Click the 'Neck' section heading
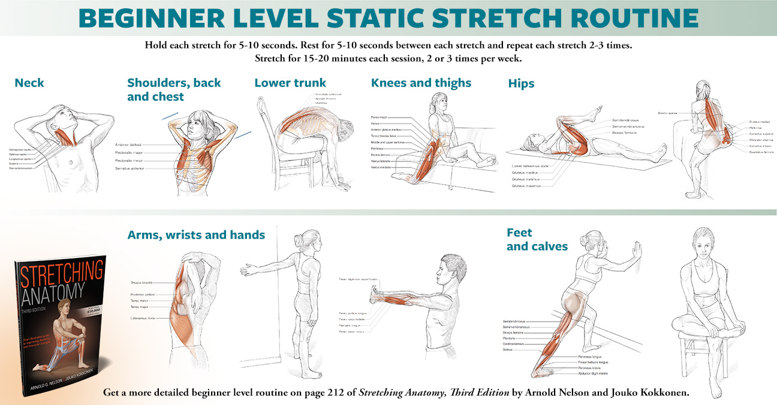29,83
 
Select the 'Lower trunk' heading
290,83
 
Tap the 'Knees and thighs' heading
421,83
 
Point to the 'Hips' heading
521,84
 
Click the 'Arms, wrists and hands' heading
196,235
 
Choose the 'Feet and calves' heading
537,239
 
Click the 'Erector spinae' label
668,112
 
